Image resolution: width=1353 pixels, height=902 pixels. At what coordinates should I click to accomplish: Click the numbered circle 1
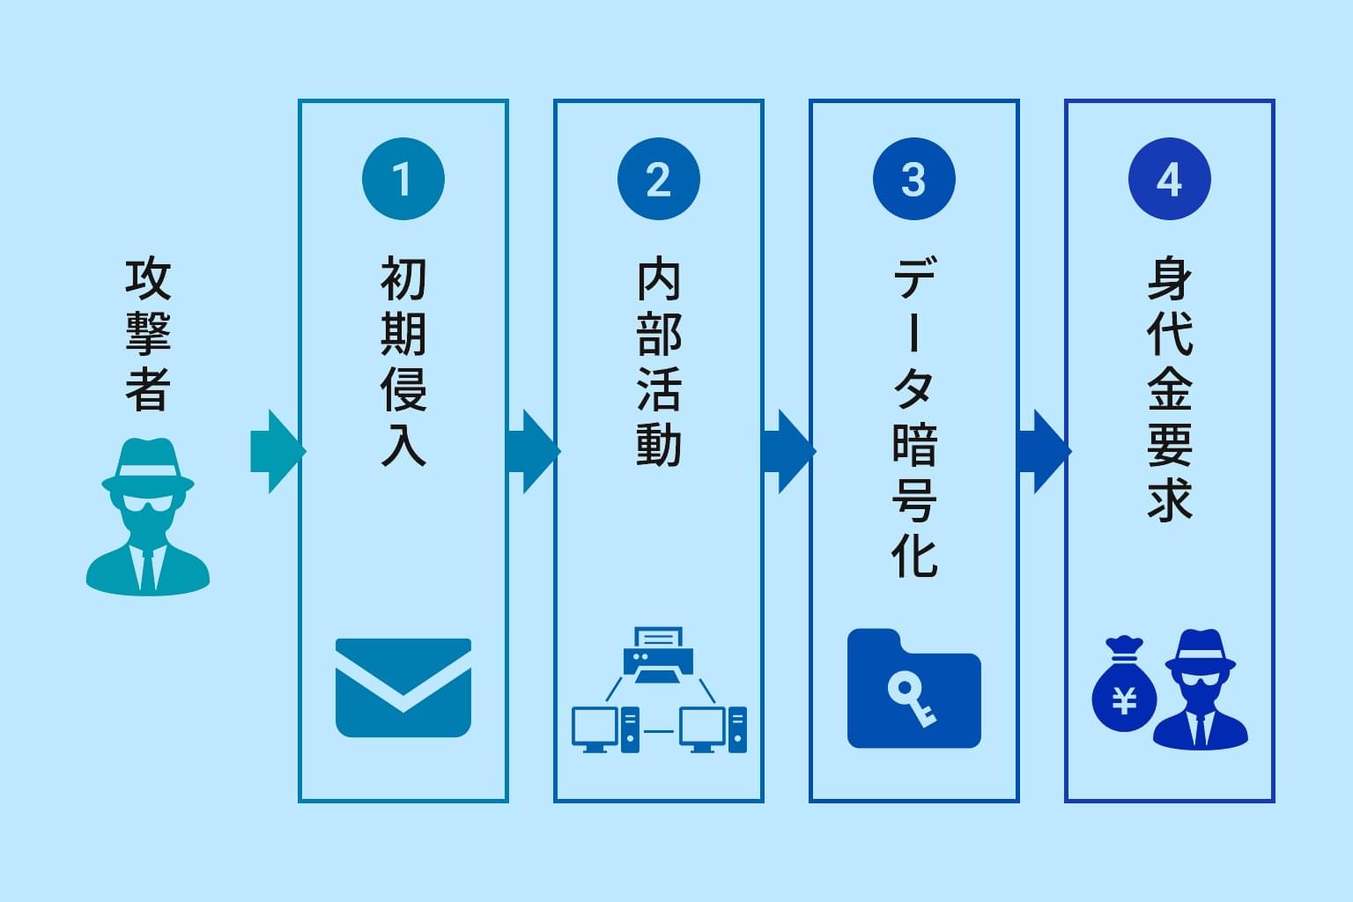(403, 179)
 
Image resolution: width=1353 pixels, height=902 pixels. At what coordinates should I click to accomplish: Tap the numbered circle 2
(658, 179)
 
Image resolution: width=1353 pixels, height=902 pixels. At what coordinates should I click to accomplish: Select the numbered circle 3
(913, 179)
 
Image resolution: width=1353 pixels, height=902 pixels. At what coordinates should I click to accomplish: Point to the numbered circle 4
(1169, 179)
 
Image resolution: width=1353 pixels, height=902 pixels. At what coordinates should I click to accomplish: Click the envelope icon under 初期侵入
(403, 687)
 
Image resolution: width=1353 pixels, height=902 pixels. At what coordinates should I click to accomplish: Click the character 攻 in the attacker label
(147, 278)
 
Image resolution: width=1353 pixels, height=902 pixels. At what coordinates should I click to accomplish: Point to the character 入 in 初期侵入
(403, 443)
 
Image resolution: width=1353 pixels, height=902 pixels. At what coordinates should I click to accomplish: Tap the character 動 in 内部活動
(658, 443)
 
